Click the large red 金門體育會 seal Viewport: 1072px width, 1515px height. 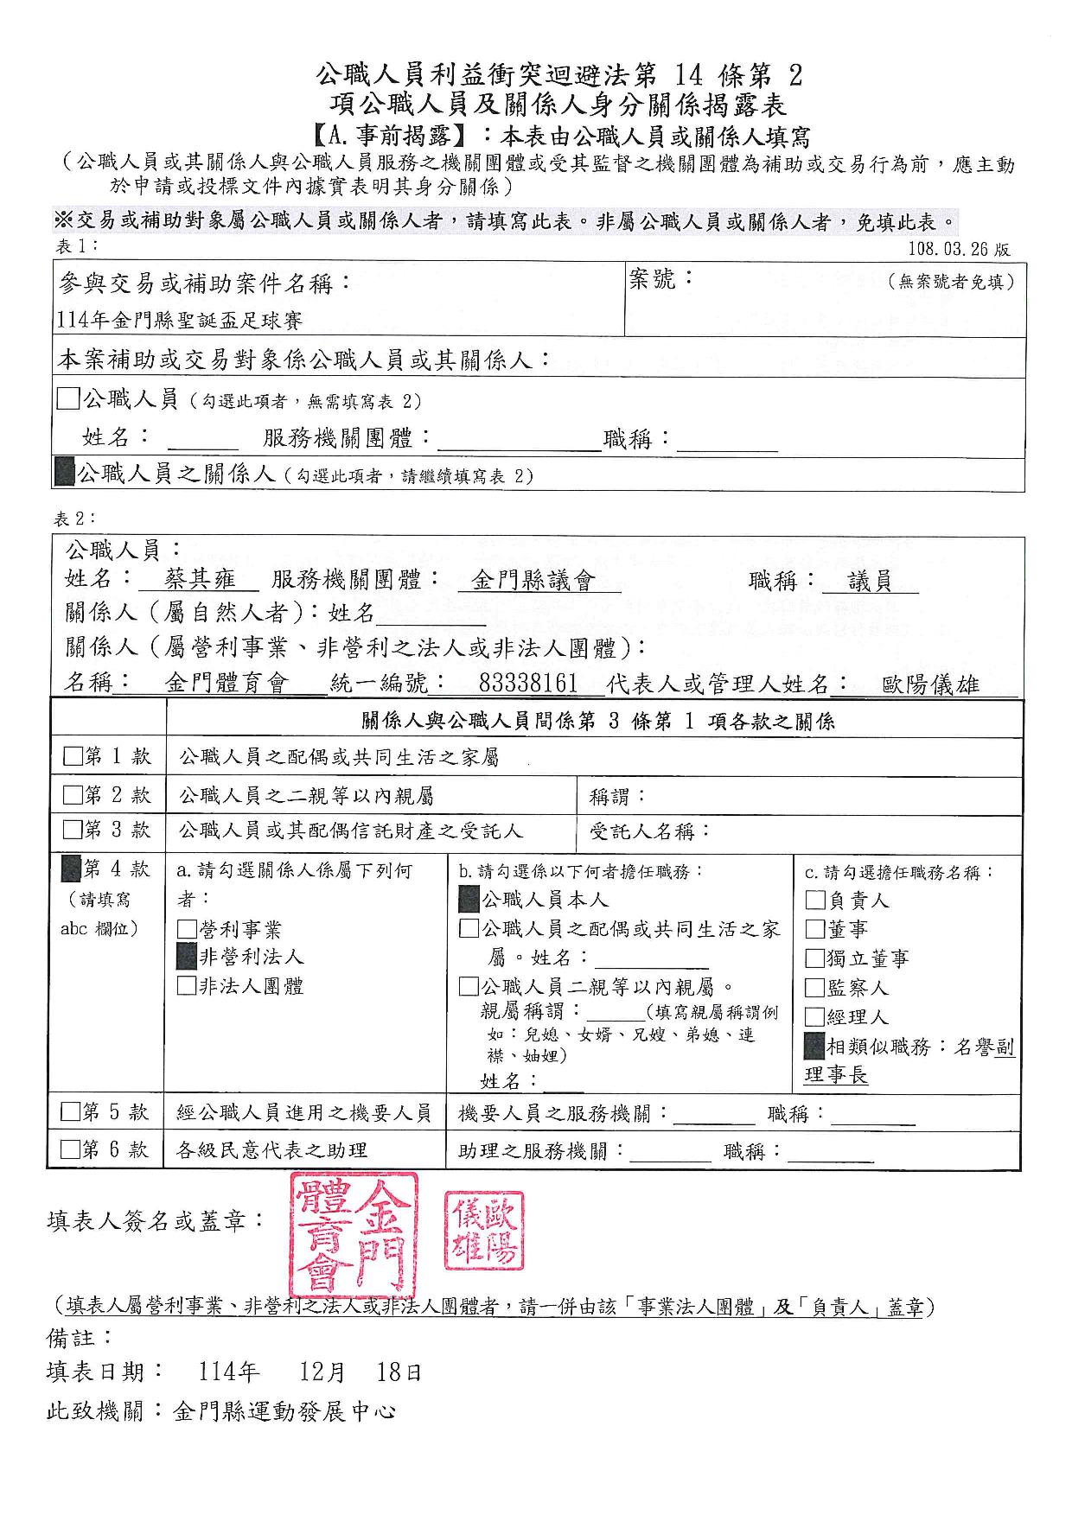point(354,1236)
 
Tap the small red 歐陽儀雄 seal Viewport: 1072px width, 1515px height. point(484,1231)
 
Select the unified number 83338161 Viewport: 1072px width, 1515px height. point(527,684)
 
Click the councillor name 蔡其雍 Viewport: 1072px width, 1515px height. point(201,580)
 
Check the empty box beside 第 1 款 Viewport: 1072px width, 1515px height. point(73,758)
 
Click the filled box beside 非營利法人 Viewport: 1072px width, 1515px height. point(187,956)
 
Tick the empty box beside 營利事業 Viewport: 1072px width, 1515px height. point(187,929)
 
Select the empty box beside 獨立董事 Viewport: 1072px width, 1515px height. point(814,958)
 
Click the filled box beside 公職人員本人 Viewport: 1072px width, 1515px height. point(469,900)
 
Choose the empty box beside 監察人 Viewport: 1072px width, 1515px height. point(814,987)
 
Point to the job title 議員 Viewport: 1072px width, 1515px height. point(870,581)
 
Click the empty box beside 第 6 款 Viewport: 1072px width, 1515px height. point(71,1149)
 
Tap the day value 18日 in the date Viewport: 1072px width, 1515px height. point(399,1372)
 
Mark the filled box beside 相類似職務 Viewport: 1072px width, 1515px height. point(814,1046)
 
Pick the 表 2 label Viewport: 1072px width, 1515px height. point(75,519)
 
